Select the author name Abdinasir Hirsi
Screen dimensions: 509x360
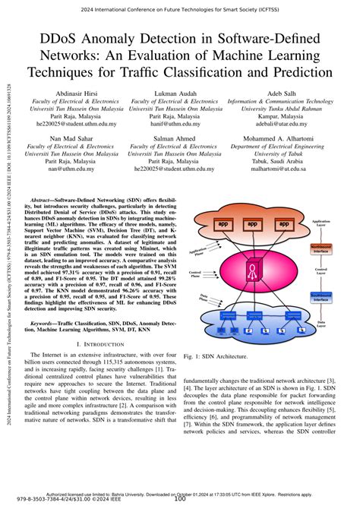70,93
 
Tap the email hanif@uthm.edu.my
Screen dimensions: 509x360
175,123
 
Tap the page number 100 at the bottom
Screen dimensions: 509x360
180,499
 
